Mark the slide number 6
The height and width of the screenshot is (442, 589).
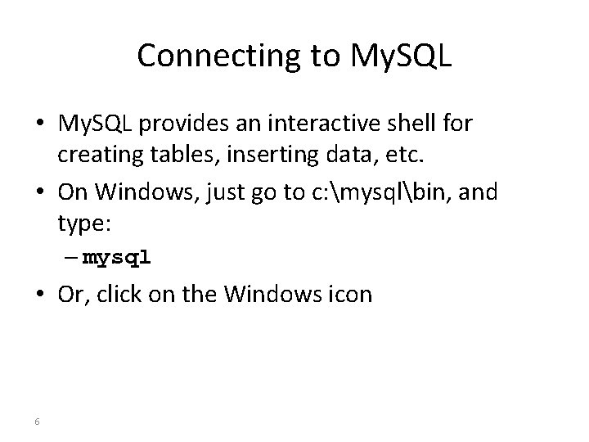coord(38,422)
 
